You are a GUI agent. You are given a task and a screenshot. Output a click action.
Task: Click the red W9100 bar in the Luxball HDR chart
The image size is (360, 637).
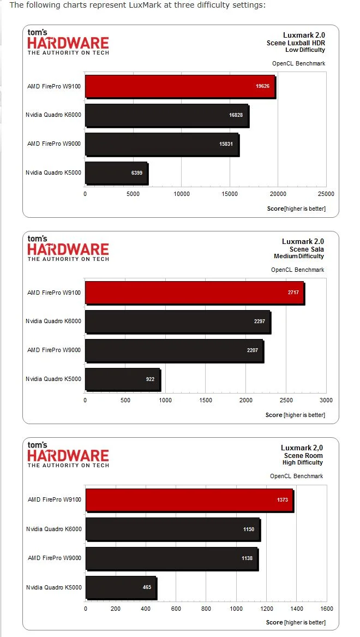[180, 87]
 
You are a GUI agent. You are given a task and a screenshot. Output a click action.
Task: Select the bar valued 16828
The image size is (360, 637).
[167, 115]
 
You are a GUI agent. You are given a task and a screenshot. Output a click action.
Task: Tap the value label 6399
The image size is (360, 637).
[136, 172]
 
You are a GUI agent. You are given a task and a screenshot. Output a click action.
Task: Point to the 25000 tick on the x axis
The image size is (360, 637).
[326, 194]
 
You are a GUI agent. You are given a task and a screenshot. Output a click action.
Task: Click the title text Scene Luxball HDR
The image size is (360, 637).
[296, 43]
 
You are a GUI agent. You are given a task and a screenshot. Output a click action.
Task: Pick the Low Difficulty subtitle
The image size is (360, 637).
[305, 50]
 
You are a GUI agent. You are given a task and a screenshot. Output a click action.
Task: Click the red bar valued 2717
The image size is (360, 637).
[195, 293]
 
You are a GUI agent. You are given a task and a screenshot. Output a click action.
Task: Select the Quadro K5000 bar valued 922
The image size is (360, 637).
[123, 379]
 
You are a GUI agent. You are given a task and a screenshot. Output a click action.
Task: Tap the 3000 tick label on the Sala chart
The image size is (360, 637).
[326, 400]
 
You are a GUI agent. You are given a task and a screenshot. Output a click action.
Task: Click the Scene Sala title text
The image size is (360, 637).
[307, 249]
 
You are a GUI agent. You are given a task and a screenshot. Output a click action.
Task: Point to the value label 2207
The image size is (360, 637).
[253, 350]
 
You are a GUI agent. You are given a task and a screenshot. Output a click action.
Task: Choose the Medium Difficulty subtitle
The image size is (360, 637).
[299, 257]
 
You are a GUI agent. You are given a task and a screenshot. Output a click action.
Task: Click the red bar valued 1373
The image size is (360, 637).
[189, 500]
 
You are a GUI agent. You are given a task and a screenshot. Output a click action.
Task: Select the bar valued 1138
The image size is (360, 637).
[172, 558]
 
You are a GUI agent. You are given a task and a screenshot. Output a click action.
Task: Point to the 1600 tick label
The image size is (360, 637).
[327, 609]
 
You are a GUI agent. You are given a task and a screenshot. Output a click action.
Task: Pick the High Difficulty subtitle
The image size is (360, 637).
[303, 463]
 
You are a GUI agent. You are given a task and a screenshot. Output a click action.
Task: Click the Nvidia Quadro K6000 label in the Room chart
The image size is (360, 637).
[53, 529]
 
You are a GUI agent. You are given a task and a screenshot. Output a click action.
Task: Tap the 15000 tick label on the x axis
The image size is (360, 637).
[230, 194]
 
